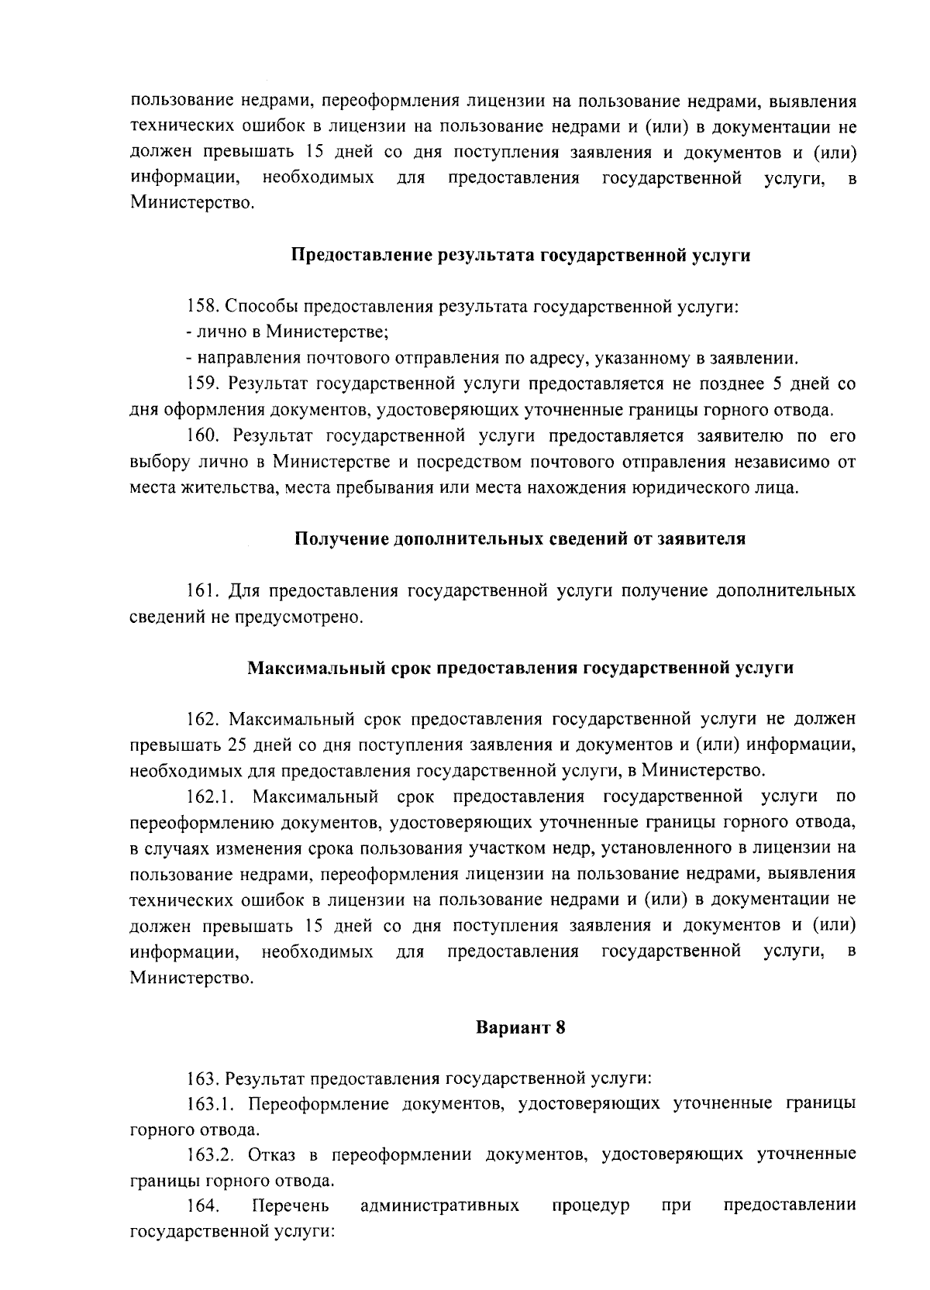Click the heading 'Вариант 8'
click(x=521, y=1028)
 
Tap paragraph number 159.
click(x=202, y=384)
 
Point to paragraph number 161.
click(x=202, y=591)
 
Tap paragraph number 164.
click(x=202, y=1206)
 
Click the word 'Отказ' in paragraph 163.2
click(x=271, y=1154)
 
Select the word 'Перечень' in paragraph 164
click(x=291, y=1206)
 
